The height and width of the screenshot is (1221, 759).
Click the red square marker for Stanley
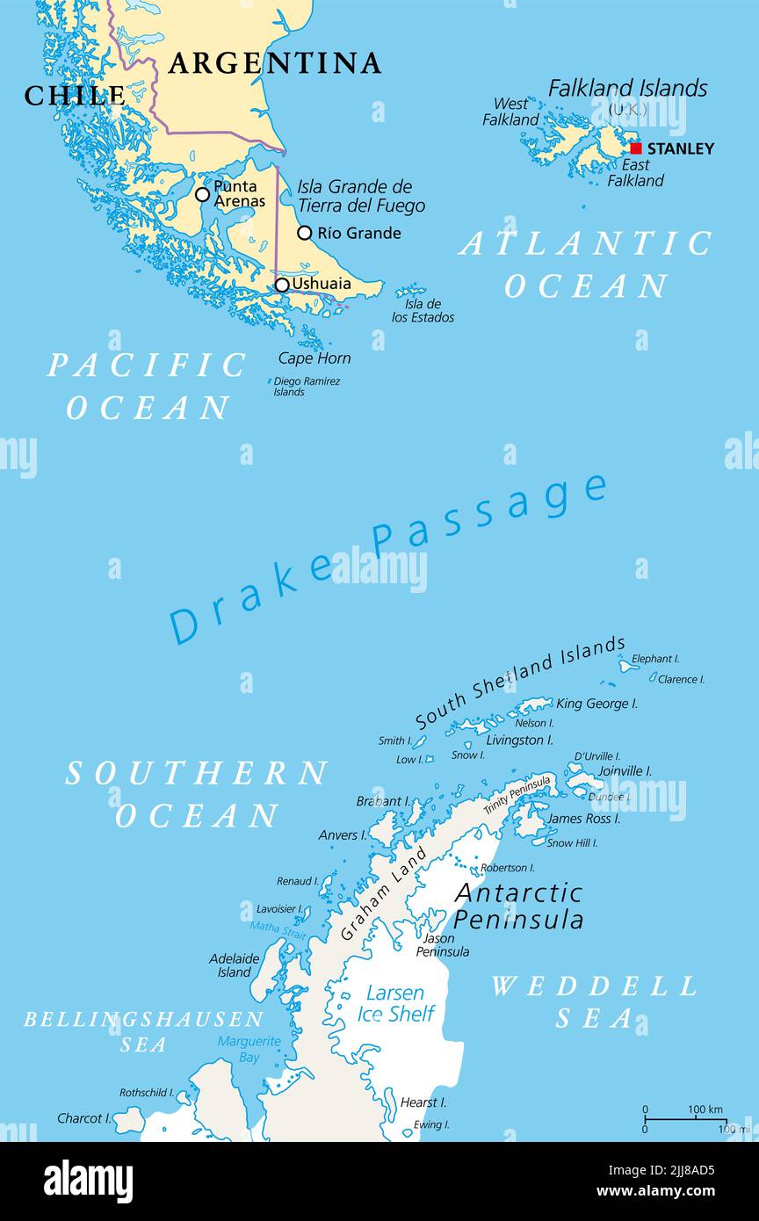(636, 148)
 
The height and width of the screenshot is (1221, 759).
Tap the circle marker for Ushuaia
(282, 285)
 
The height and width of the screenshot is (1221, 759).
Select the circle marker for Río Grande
(304, 233)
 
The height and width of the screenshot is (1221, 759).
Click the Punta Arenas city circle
(202, 194)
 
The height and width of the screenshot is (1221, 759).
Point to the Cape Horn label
(314, 358)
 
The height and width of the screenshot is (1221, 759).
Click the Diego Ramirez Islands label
(307, 387)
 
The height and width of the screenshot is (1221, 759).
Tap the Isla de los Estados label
(423, 311)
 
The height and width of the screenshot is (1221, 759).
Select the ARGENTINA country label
(275, 63)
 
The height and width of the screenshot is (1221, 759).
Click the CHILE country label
(75, 95)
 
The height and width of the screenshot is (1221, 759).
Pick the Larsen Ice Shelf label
(395, 1003)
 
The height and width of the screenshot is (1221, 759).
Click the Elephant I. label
(655, 659)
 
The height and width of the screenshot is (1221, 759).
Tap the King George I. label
(597, 704)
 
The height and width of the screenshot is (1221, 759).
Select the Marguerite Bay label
(249, 1049)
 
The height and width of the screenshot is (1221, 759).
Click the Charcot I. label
(84, 1118)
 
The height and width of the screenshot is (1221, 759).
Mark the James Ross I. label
(583, 819)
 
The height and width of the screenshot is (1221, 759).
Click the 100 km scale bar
(685, 1119)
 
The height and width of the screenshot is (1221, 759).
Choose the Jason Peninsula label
(442, 944)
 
